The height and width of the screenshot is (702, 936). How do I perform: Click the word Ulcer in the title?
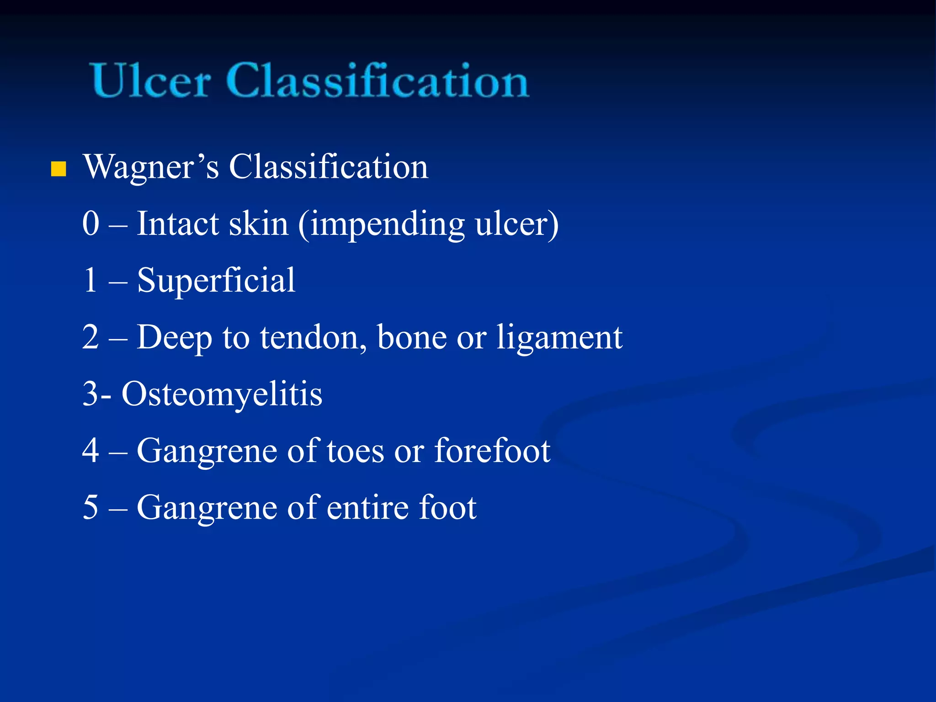(151, 81)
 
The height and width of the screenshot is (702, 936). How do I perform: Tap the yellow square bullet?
(58, 169)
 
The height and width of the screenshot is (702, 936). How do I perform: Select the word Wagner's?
(151, 167)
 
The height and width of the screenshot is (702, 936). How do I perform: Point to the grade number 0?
(91, 223)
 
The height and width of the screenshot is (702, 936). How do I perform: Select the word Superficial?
(216, 281)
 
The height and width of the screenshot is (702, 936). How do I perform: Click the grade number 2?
(91, 337)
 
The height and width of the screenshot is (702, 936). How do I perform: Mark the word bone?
(412, 338)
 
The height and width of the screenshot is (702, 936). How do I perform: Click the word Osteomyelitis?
(222, 394)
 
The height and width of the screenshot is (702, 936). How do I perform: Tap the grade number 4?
(91, 451)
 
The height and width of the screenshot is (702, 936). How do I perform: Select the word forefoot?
(492, 451)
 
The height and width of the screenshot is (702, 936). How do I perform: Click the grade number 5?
(91, 507)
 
